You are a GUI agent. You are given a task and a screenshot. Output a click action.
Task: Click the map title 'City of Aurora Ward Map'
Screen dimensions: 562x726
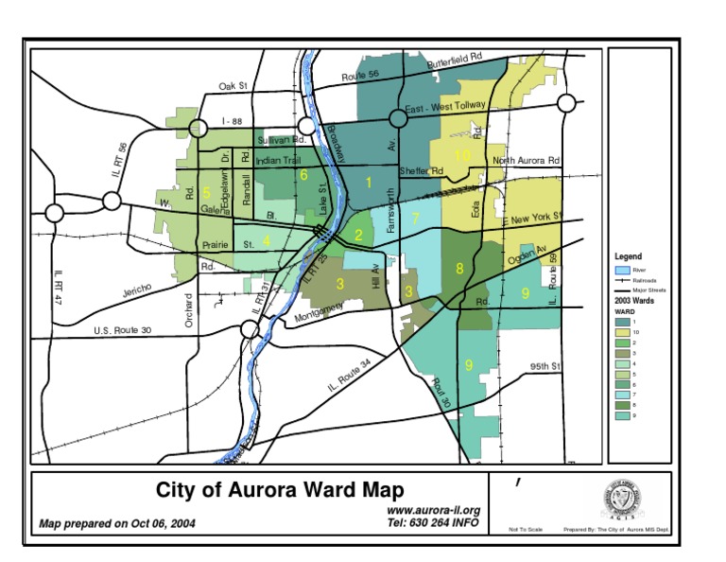(280, 491)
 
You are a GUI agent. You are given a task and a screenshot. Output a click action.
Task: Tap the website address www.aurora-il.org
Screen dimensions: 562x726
(434, 510)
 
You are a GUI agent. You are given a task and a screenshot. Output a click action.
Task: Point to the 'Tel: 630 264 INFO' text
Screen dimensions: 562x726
(434, 521)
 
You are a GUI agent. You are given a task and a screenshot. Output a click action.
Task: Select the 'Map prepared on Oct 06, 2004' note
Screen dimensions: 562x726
(111, 522)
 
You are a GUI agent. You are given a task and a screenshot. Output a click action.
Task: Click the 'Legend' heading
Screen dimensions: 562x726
(628, 256)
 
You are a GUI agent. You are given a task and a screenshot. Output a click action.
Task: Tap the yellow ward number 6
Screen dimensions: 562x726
(303, 174)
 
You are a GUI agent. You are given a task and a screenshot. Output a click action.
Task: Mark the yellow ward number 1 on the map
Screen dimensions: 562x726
(369, 182)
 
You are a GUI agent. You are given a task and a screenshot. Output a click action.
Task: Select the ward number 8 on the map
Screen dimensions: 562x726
(459, 269)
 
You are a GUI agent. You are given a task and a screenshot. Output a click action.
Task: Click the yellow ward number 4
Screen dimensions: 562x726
(267, 240)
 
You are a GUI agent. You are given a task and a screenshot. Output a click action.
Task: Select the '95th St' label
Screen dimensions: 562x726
(545, 365)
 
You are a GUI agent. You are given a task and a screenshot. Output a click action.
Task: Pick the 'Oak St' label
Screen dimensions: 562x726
(233, 86)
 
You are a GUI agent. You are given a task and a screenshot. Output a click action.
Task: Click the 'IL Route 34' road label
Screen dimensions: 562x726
(350, 375)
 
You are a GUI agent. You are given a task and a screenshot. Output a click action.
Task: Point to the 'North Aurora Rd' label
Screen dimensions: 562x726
(526, 161)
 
